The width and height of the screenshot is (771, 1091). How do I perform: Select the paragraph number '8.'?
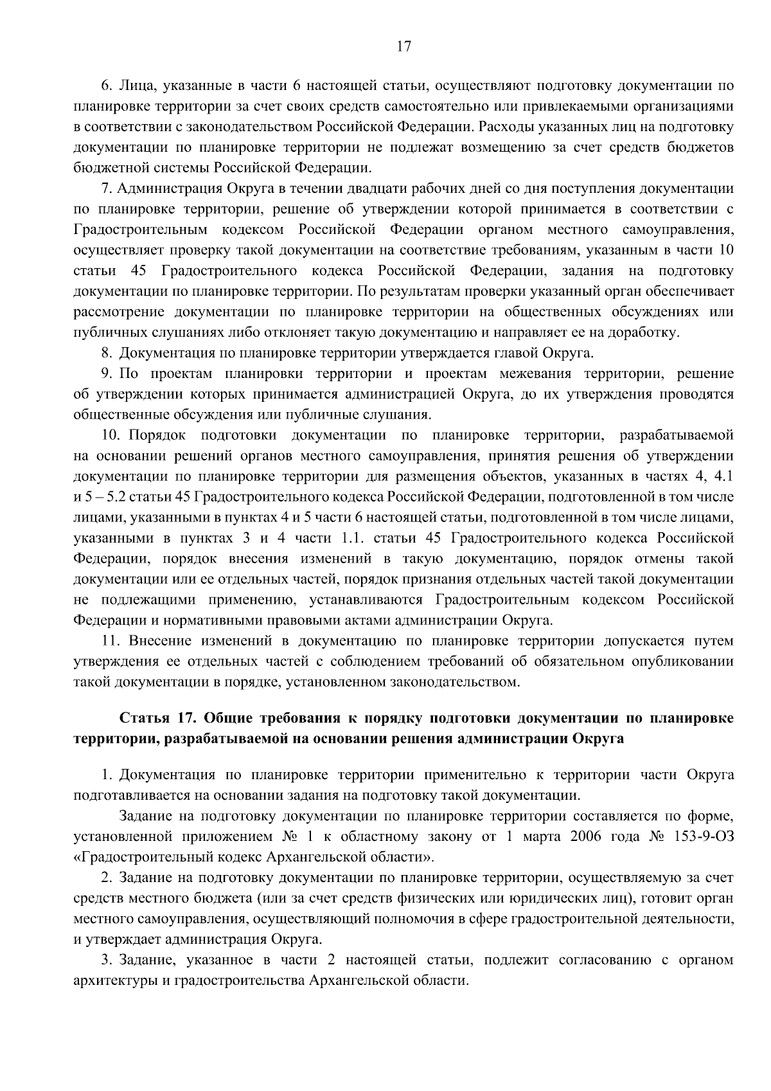pyautogui.click(x=107, y=353)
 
